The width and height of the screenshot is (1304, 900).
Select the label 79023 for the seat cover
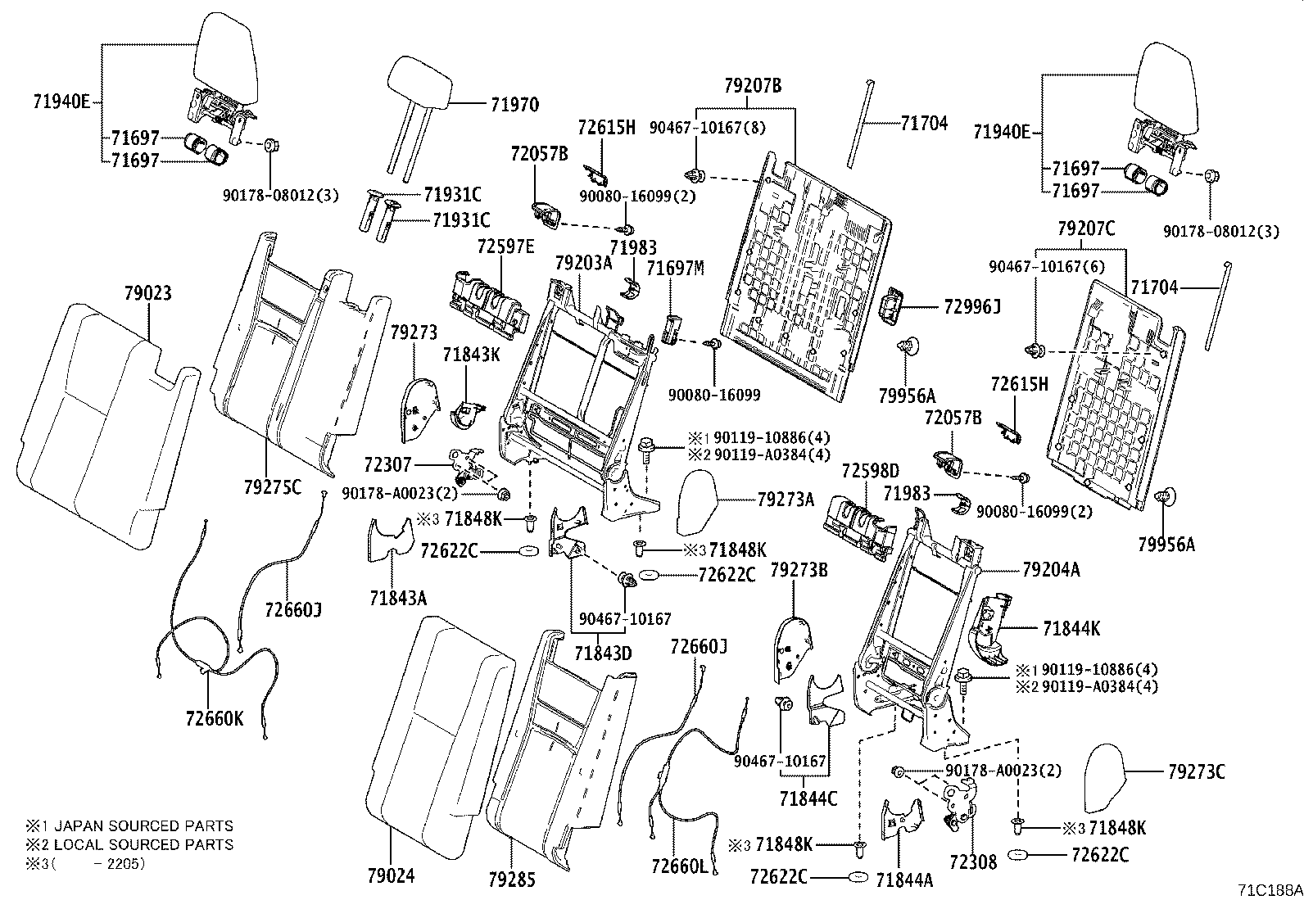pos(148,293)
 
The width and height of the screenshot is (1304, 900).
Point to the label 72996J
pos(973,306)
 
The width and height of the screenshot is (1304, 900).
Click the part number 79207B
pos(753,85)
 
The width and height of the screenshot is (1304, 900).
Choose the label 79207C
pos(1086,229)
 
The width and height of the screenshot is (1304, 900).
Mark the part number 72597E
pos(505,246)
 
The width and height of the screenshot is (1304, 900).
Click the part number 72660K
pos(215,718)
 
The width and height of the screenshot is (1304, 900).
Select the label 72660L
pos(679,866)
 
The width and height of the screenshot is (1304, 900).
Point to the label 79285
pos(511,880)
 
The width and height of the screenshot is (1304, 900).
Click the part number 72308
pos(973,862)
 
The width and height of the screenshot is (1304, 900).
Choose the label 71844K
pos(1071,629)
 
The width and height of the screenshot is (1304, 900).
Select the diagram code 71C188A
pos(1269,889)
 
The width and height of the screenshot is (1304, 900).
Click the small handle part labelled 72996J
pos(890,308)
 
